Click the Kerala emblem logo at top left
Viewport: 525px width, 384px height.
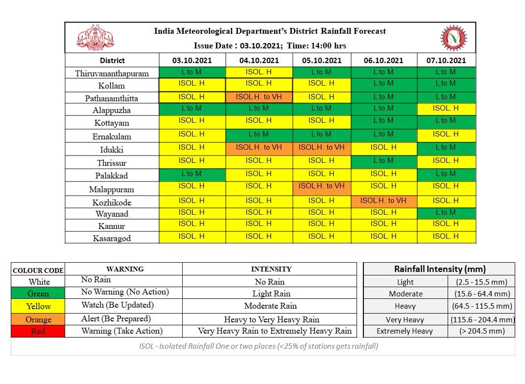[95, 38]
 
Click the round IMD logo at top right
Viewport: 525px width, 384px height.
[454, 38]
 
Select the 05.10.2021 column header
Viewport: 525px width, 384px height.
[322, 60]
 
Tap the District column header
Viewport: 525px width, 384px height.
[112, 60]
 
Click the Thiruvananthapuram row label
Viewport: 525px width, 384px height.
[112, 73]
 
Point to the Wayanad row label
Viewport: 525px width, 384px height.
[112, 214]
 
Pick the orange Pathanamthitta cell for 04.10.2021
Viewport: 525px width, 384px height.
[259, 97]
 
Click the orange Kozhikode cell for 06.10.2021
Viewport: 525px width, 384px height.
[383, 201]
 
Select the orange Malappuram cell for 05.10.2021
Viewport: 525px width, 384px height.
[322, 186]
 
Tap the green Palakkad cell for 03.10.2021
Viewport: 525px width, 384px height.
[191, 174]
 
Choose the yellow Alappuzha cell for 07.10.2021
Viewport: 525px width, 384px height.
[446, 108]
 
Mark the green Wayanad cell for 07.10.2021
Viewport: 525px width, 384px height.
[446, 212]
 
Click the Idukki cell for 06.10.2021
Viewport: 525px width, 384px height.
[383, 147]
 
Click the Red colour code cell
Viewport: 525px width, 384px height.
[38, 331]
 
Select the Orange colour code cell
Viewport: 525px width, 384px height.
[38, 319]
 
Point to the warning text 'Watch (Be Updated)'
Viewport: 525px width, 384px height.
[118, 305]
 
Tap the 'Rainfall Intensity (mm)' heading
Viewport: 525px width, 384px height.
[439, 269]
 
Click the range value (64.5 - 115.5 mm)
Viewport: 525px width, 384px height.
[482, 306]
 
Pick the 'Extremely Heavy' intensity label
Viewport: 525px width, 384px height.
[405, 331]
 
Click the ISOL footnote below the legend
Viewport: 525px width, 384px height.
[258, 346]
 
